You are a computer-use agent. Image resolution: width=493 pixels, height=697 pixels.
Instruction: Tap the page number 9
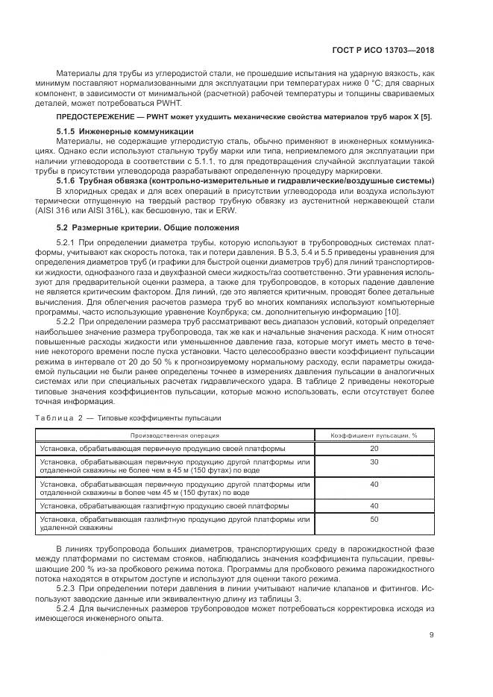pos(432,635)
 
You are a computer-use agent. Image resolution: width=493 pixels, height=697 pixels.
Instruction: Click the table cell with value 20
pos(374,447)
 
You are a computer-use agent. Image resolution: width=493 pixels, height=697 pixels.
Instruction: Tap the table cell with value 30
pos(374,461)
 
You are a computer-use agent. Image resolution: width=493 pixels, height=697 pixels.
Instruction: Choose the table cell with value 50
pos(374,518)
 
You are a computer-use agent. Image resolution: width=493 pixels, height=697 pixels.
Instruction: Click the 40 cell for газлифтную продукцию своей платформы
pos(374,505)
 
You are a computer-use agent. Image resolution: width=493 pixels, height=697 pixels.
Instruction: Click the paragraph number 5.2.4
pos(67,607)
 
